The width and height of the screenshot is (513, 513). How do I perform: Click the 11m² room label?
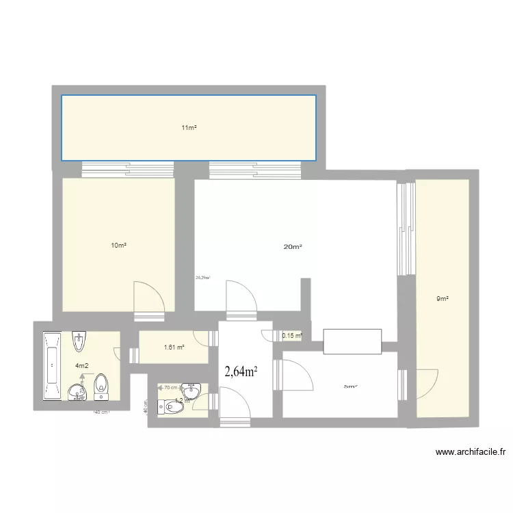click(x=189, y=128)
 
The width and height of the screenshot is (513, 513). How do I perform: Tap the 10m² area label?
click(x=120, y=245)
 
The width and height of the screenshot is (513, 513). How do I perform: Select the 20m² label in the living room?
click(x=293, y=247)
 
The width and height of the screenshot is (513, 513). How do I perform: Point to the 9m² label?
click(x=443, y=298)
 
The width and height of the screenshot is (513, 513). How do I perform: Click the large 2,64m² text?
click(x=241, y=371)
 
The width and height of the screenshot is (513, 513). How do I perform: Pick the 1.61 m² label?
click(x=174, y=347)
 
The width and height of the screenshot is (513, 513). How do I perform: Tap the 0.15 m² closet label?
click(x=292, y=335)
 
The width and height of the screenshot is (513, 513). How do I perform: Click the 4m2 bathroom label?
click(x=81, y=365)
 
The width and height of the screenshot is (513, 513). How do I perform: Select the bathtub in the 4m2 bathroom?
click(x=51, y=367)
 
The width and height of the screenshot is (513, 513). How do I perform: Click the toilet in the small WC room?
click(x=171, y=408)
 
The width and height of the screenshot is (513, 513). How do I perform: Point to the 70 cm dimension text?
click(x=170, y=388)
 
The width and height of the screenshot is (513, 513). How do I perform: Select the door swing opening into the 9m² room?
click(x=426, y=383)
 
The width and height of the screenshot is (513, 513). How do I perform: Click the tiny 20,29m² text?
click(x=202, y=278)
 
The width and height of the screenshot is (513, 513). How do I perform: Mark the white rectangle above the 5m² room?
click(x=352, y=341)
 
